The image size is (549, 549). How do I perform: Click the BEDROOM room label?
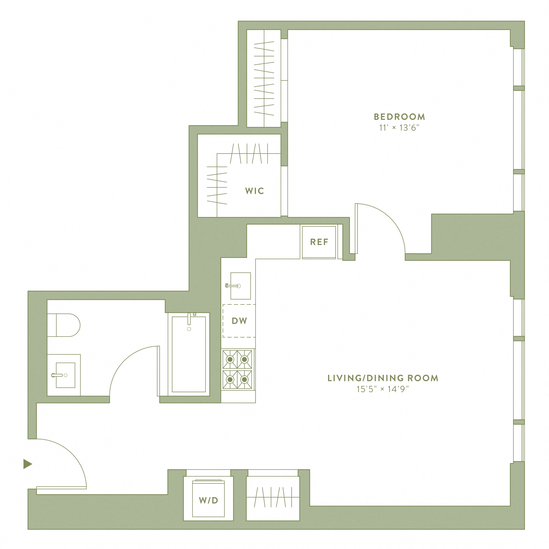click(x=399, y=117)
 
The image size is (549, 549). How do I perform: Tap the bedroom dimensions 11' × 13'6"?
click(x=399, y=128)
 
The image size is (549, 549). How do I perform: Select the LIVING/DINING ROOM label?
click(x=383, y=378)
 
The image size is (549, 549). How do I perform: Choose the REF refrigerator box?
click(x=319, y=242)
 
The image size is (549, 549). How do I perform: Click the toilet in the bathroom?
click(x=64, y=325)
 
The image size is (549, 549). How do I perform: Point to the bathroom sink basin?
click(x=65, y=375)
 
